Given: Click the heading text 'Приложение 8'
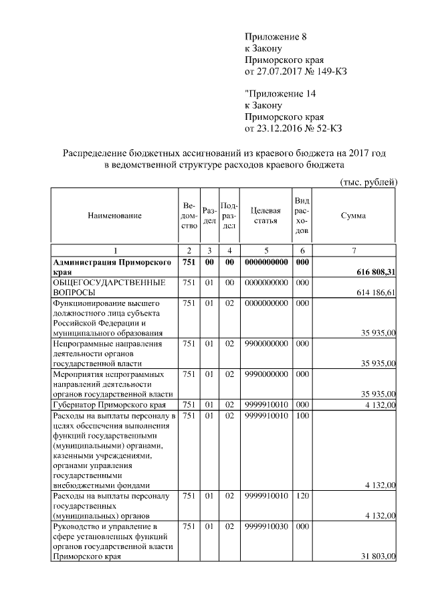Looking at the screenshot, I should click(276, 37).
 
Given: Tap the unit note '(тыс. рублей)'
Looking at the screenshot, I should click(369, 181).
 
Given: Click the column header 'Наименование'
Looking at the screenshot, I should click(114, 216).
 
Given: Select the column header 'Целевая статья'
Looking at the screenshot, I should click(264, 216).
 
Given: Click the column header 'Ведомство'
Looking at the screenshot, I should click(189, 216).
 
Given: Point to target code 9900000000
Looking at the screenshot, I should click(265, 344).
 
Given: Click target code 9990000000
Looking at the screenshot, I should click(265, 374).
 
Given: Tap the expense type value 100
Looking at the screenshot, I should click(301, 416).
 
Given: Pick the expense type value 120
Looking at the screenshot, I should click(301, 496).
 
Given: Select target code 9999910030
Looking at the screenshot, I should click(265, 526).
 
